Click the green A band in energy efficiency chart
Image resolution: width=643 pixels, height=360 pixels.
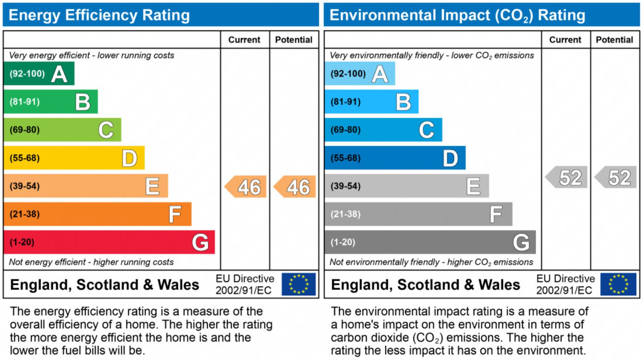tap(39, 74)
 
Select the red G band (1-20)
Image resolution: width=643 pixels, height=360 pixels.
tap(109, 242)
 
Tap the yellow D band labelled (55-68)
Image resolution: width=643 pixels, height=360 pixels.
tap(74, 158)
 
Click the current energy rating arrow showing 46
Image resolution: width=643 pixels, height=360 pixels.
tap(246, 187)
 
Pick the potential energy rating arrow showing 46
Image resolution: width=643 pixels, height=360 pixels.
tap(295, 187)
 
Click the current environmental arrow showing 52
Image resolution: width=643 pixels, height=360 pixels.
tap(567, 177)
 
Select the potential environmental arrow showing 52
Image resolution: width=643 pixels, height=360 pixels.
tap(616, 177)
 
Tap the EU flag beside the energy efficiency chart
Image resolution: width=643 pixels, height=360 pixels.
tap(298, 284)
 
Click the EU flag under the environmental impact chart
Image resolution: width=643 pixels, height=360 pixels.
tap(618, 284)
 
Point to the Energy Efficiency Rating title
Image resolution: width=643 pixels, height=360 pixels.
tap(99, 15)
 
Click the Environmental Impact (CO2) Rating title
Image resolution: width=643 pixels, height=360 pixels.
tap(457, 15)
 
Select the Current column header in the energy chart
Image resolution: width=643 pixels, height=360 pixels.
tap(244, 40)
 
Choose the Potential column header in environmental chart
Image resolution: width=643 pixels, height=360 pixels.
tap(614, 40)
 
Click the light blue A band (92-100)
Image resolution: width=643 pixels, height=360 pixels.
tap(359, 74)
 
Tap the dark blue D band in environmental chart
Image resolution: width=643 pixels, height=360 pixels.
tap(395, 158)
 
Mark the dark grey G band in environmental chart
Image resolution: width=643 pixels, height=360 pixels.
tap(430, 242)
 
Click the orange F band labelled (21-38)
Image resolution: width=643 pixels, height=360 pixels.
tap(97, 214)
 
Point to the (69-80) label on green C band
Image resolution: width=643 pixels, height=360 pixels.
tap(25, 130)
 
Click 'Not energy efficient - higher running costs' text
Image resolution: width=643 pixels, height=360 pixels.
tap(91, 262)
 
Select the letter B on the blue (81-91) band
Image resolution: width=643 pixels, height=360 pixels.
tap(403, 102)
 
